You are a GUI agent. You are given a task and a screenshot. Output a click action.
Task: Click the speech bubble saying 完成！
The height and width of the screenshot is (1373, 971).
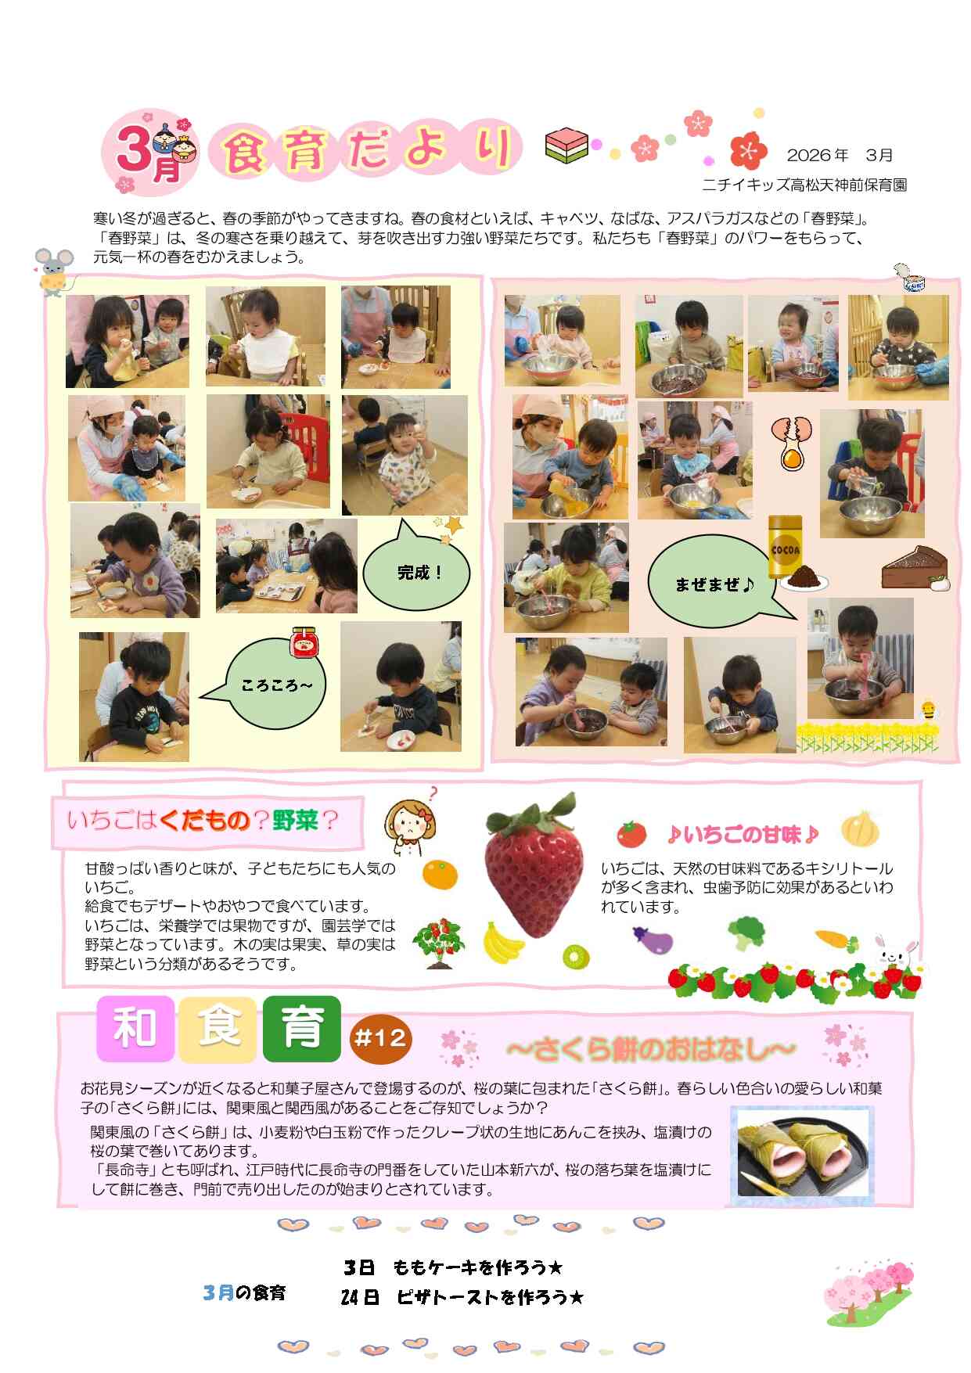416,571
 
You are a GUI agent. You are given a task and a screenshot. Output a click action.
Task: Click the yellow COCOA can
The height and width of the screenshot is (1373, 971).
785,546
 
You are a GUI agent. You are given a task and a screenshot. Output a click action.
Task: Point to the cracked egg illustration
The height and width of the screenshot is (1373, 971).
792,441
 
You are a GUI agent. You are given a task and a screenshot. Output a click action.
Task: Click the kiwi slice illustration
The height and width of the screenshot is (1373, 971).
575,956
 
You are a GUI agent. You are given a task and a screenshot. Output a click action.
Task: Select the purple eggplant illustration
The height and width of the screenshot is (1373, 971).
652,940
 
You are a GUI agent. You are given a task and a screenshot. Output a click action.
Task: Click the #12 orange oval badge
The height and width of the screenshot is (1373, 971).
380,1038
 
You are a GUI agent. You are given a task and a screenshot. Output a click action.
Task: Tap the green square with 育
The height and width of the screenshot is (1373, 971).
302,1028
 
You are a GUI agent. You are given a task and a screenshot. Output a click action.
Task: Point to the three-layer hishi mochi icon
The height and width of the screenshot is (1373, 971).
566,146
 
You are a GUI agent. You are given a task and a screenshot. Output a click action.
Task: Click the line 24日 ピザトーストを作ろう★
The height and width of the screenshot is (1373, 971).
462,1297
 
